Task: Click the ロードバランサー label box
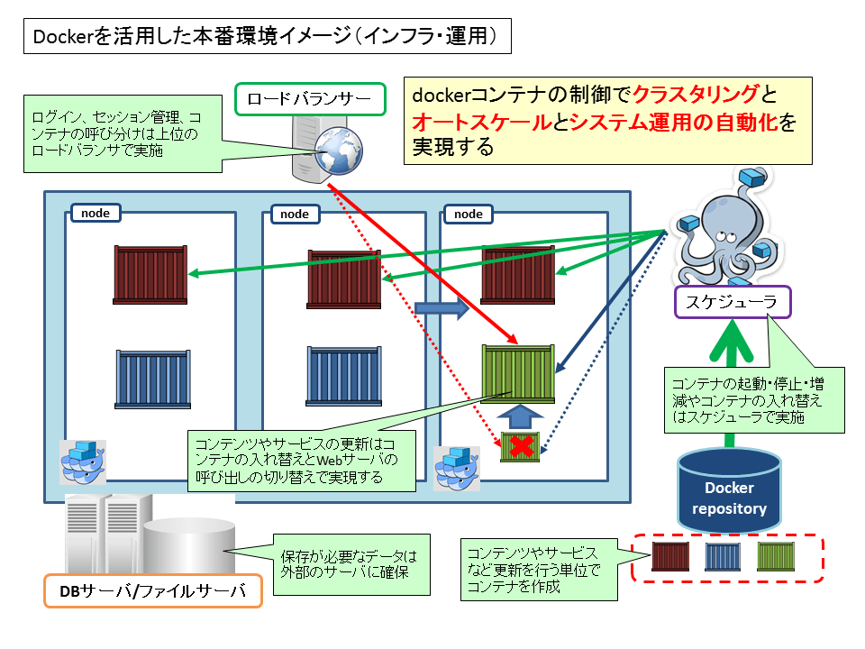310,99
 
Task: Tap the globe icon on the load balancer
339,151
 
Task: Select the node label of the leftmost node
96,213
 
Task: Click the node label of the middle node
296,214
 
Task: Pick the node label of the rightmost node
469,214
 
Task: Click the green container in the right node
518,373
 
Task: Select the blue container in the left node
153,379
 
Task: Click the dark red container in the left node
150,275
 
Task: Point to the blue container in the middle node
343,376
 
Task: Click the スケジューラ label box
733,302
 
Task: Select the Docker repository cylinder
729,490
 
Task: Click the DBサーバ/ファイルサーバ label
153,591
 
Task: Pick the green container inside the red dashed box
776,556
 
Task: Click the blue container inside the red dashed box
723,557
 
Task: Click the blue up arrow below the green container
520,416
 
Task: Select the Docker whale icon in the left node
83,462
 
